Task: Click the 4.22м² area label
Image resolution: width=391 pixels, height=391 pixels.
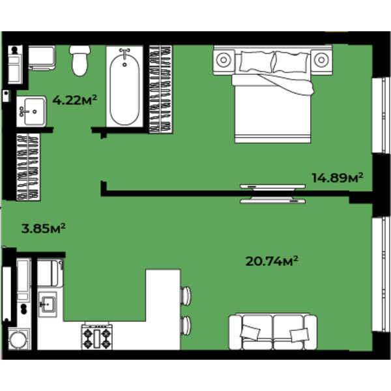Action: [74, 100]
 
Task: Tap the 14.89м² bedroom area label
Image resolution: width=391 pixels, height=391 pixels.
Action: [337, 177]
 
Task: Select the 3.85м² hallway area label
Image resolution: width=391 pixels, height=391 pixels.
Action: [44, 228]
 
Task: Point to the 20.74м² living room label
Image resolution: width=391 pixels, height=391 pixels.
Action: [272, 261]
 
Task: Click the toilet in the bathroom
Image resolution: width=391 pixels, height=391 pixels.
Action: [80, 61]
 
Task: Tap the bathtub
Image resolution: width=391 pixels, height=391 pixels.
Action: [124, 86]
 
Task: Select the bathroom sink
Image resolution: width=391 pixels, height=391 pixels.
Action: [31, 111]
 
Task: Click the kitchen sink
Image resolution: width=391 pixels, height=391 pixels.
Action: [48, 304]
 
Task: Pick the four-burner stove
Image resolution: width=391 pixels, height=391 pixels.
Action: [96, 337]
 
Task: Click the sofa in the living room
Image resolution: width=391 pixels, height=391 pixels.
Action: [273, 332]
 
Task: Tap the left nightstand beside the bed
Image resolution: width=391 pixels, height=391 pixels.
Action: [224, 60]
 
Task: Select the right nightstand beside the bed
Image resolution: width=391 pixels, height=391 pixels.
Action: [321, 60]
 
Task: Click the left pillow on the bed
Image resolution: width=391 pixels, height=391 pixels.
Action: [256, 61]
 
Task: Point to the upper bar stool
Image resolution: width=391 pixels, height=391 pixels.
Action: [186, 296]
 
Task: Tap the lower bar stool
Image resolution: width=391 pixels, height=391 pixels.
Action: [186, 325]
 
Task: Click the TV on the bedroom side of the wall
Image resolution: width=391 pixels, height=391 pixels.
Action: [272, 187]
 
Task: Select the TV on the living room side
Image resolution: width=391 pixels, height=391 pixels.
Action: [272, 200]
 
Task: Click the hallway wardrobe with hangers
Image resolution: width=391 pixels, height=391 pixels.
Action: [28, 167]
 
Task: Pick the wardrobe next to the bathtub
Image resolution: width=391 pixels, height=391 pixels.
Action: [160, 89]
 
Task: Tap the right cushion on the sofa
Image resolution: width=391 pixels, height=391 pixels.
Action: [300, 335]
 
